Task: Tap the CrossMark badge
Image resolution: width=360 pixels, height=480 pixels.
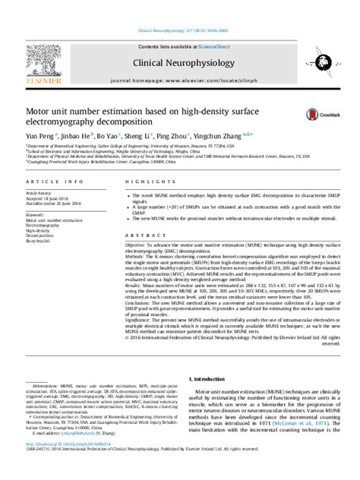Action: [319, 114]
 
